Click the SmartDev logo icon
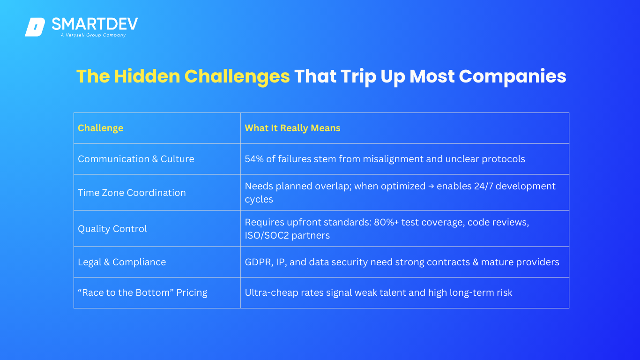pyautogui.click(x=35, y=27)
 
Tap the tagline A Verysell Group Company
pyautogui.click(x=93, y=35)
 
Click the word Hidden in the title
pyautogui.click(x=147, y=76)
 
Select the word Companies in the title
pyautogui.click(x=512, y=77)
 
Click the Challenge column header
pyautogui.click(x=101, y=128)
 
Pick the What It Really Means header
pyautogui.click(x=292, y=128)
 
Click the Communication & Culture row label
pyautogui.click(x=136, y=159)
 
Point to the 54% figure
pyautogui.click(x=254, y=159)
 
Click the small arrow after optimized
pyautogui.click(x=431, y=187)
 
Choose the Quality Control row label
pyautogui.click(x=112, y=229)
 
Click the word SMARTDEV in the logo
pyautogui.click(x=95, y=24)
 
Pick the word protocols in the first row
pyautogui.click(x=504, y=159)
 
